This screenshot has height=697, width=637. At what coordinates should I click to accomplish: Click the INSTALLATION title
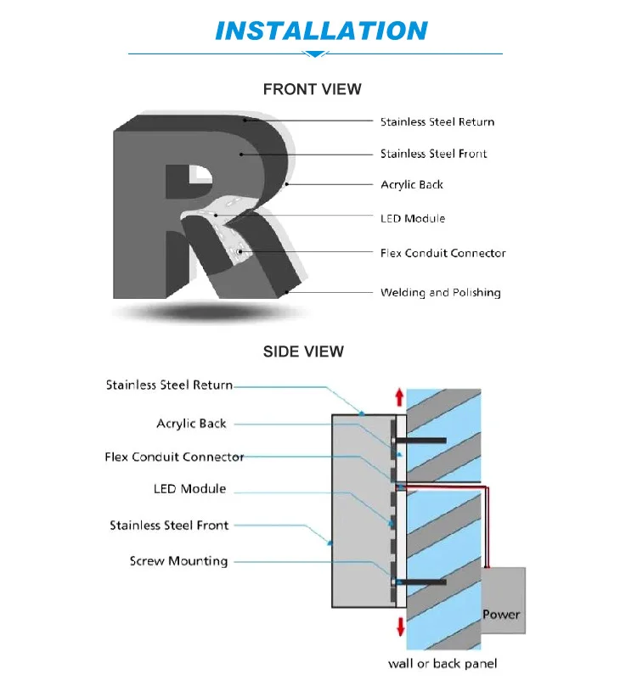click(x=320, y=31)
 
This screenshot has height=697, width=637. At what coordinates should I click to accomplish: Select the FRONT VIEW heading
click(x=312, y=89)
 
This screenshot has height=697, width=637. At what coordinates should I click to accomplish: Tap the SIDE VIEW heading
click(x=303, y=351)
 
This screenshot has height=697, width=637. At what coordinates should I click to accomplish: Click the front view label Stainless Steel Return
click(x=437, y=122)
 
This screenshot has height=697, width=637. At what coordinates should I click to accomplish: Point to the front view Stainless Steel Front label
click(x=433, y=154)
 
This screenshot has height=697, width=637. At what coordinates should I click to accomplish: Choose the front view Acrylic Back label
click(x=411, y=185)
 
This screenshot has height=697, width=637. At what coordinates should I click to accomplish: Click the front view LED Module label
click(x=412, y=219)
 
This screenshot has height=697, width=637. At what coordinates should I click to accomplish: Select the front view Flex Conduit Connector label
click(x=443, y=253)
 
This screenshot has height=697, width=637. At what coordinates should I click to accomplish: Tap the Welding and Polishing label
click(x=440, y=293)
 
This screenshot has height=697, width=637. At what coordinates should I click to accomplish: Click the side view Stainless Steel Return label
click(x=169, y=385)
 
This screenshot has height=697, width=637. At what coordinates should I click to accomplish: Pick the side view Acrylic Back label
click(x=191, y=424)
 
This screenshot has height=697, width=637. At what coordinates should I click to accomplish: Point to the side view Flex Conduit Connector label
click(x=174, y=458)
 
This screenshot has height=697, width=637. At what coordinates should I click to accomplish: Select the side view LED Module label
click(x=189, y=489)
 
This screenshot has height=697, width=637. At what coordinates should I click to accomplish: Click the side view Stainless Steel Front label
click(x=169, y=526)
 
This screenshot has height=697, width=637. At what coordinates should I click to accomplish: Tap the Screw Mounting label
click(x=178, y=561)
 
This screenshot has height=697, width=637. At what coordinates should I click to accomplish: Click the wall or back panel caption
click(x=442, y=663)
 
